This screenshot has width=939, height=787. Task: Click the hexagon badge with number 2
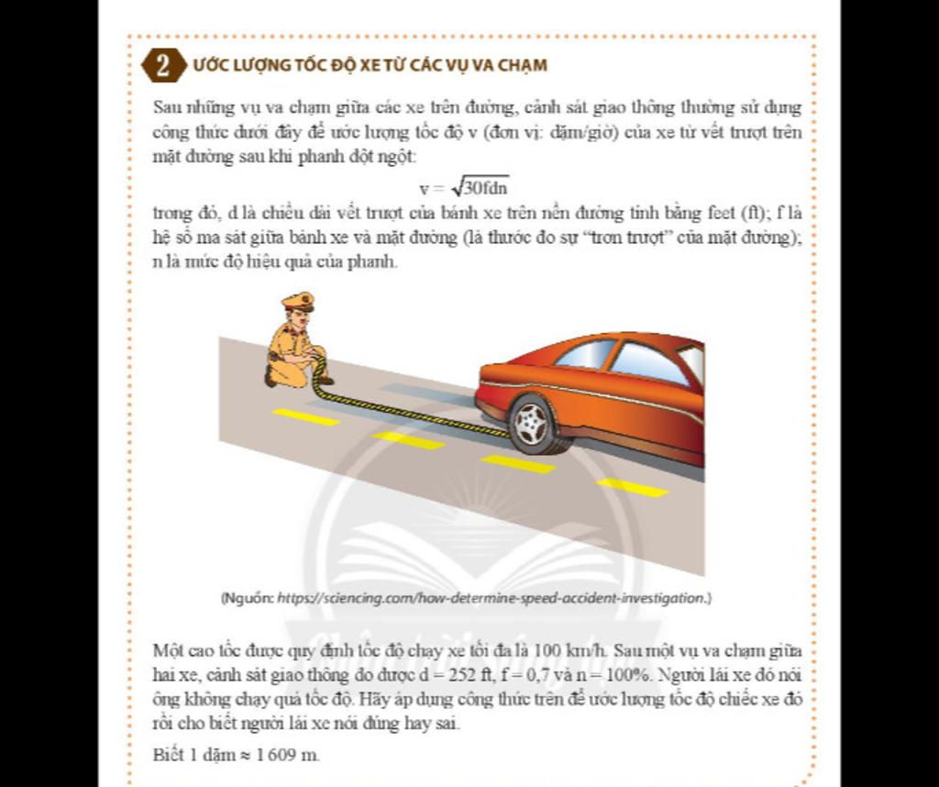[x=163, y=66]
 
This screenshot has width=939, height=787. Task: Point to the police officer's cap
[x=299, y=301]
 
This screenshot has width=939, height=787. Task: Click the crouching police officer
[x=294, y=345]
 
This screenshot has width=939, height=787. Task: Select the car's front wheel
[x=534, y=424]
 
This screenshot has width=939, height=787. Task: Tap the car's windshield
[x=585, y=353]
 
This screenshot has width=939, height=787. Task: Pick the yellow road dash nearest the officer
[x=305, y=417]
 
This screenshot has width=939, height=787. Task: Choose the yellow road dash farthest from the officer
[x=633, y=487]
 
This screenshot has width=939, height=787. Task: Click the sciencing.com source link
[x=492, y=598]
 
